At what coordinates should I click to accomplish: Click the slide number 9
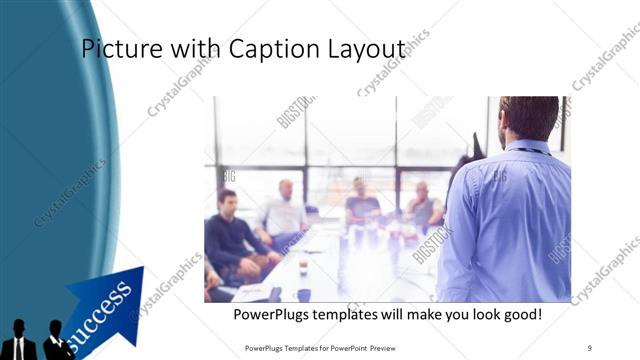(590, 348)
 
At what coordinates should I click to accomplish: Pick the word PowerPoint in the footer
(345, 348)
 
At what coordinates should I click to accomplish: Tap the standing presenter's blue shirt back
(510, 220)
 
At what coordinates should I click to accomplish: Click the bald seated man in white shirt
(284, 210)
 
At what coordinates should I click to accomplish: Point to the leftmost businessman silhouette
(18, 341)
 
